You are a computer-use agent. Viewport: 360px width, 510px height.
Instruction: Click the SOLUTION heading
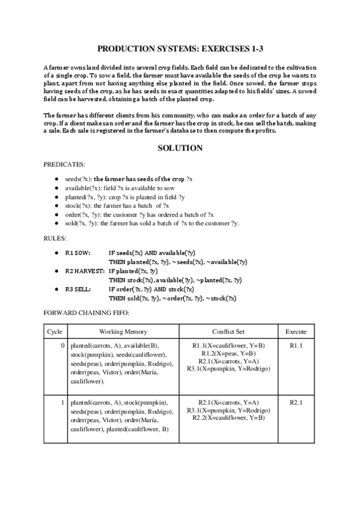click(x=180, y=147)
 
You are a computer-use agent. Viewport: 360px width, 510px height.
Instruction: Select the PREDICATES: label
click(x=65, y=164)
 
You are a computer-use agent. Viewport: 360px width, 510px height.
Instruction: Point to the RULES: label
click(x=55, y=238)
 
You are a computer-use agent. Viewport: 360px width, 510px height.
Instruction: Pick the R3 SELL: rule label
click(x=78, y=289)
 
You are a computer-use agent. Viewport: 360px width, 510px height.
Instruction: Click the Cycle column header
click(x=55, y=331)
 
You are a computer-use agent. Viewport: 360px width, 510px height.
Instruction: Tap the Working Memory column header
click(x=123, y=331)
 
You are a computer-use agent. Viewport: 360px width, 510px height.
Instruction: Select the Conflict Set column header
click(x=228, y=331)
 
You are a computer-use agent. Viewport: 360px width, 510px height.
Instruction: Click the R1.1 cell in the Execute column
click(x=296, y=346)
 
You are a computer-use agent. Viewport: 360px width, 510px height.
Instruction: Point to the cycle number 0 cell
click(x=63, y=346)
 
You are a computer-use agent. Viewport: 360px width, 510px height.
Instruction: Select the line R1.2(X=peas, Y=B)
click(x=228, y=354)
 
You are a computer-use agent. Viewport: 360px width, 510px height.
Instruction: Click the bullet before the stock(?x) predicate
click(x=56, y=206)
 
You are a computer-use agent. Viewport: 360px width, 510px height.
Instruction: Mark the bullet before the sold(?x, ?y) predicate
click(x=56, y=223)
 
